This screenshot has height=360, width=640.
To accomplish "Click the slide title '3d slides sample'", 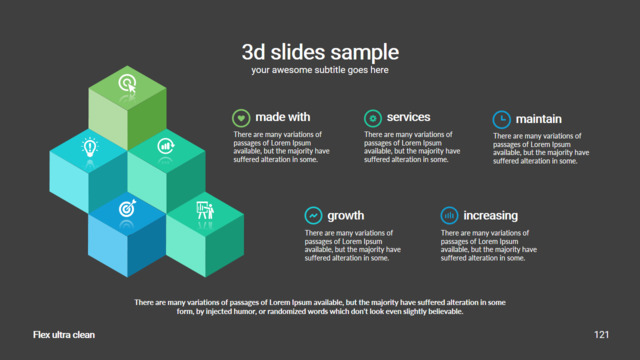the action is [x=320, y=52].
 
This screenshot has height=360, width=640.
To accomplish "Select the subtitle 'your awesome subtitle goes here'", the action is [x=320, y=70].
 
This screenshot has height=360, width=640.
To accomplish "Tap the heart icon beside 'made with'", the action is [x=241, y=118].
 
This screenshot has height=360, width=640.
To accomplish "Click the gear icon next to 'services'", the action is [x=373, y=118].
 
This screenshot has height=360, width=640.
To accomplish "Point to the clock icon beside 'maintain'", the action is [x=502, y=120].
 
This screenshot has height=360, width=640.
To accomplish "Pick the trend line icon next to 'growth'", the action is [x=313, y=215].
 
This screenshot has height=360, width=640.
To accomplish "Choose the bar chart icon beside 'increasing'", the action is [x=449, y=215].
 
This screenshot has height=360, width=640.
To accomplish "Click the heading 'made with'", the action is [x=283, y=117].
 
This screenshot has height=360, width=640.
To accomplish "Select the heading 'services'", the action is [x=409, y=117].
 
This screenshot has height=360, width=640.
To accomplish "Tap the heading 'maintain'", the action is [x=539, y=119].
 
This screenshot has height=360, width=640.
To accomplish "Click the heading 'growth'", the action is [x=346, y=216].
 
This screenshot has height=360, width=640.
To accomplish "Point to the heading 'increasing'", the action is [x=491, y=216].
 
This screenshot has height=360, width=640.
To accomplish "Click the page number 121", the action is [x=601, y=335].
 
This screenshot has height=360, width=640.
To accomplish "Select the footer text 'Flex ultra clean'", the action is [x=64, y=335].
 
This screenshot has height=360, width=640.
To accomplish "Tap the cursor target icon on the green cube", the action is [x=127, y=84].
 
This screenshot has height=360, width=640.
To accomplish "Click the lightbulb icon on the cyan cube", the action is [x=90, y=147].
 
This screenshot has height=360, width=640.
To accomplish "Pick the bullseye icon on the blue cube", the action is [x=127, y=208].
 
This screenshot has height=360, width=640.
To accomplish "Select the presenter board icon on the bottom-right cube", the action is [x=205, y=210].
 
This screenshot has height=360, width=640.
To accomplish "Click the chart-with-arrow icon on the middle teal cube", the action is [x=166, y=146].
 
